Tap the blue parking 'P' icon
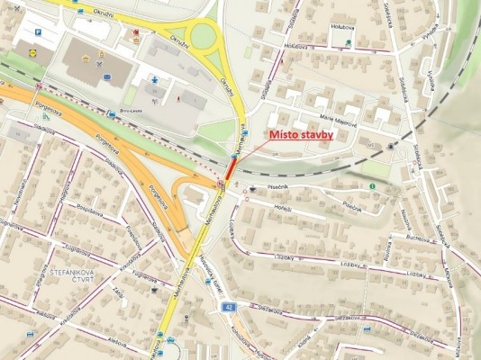click(x=38, y=31)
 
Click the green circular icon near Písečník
click(x=373, y=186)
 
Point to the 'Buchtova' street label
click(x=419, y=238)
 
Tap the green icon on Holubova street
click(x=349, y=42)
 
